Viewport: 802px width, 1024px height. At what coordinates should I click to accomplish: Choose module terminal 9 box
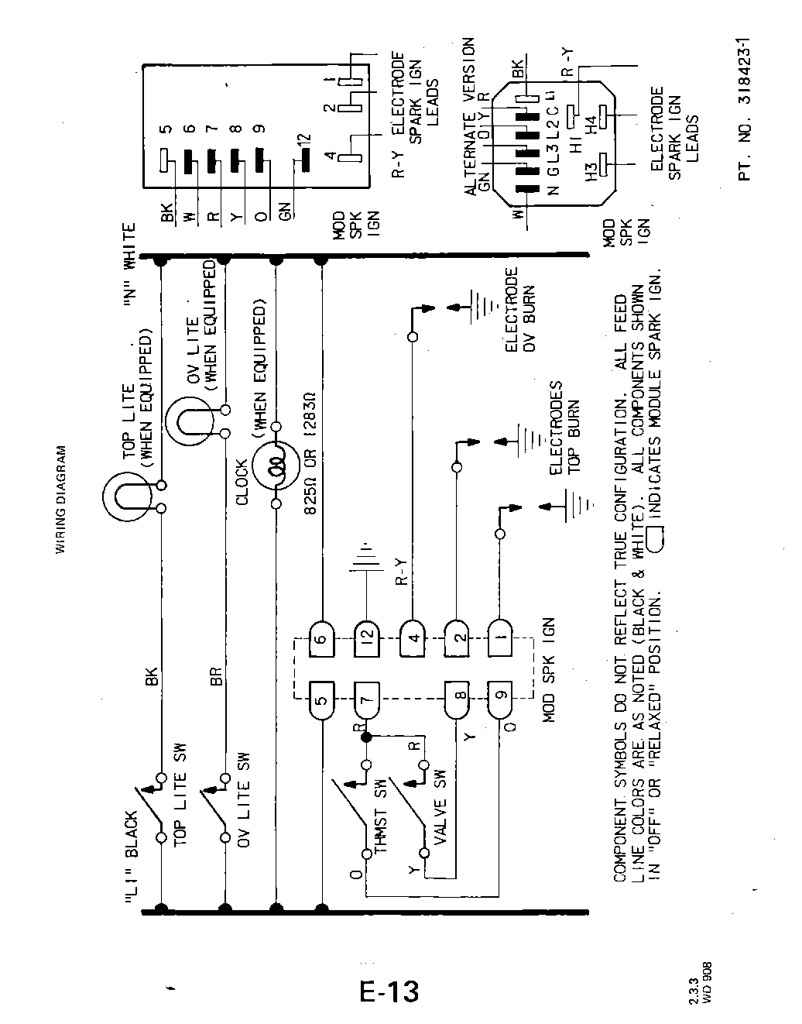(501, 702)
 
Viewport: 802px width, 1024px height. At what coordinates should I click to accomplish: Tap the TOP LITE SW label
(179, 800)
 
